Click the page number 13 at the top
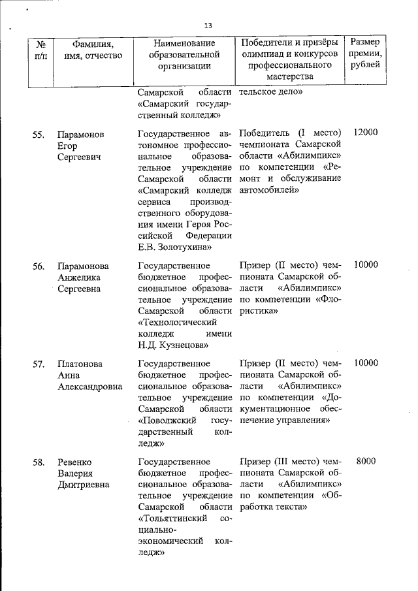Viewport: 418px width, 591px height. (208, 25)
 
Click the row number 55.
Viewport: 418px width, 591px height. (39, 134)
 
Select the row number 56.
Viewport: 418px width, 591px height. (39, 266)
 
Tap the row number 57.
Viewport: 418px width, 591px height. (39, 364)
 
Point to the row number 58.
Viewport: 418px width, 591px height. (39, 462)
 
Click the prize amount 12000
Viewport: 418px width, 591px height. (365, 133)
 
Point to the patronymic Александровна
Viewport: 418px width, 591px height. (89, 387)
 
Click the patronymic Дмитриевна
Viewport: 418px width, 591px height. (83, 485)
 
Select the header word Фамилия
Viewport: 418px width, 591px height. (84, 44)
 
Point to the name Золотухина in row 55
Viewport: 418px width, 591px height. (189, 248)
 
